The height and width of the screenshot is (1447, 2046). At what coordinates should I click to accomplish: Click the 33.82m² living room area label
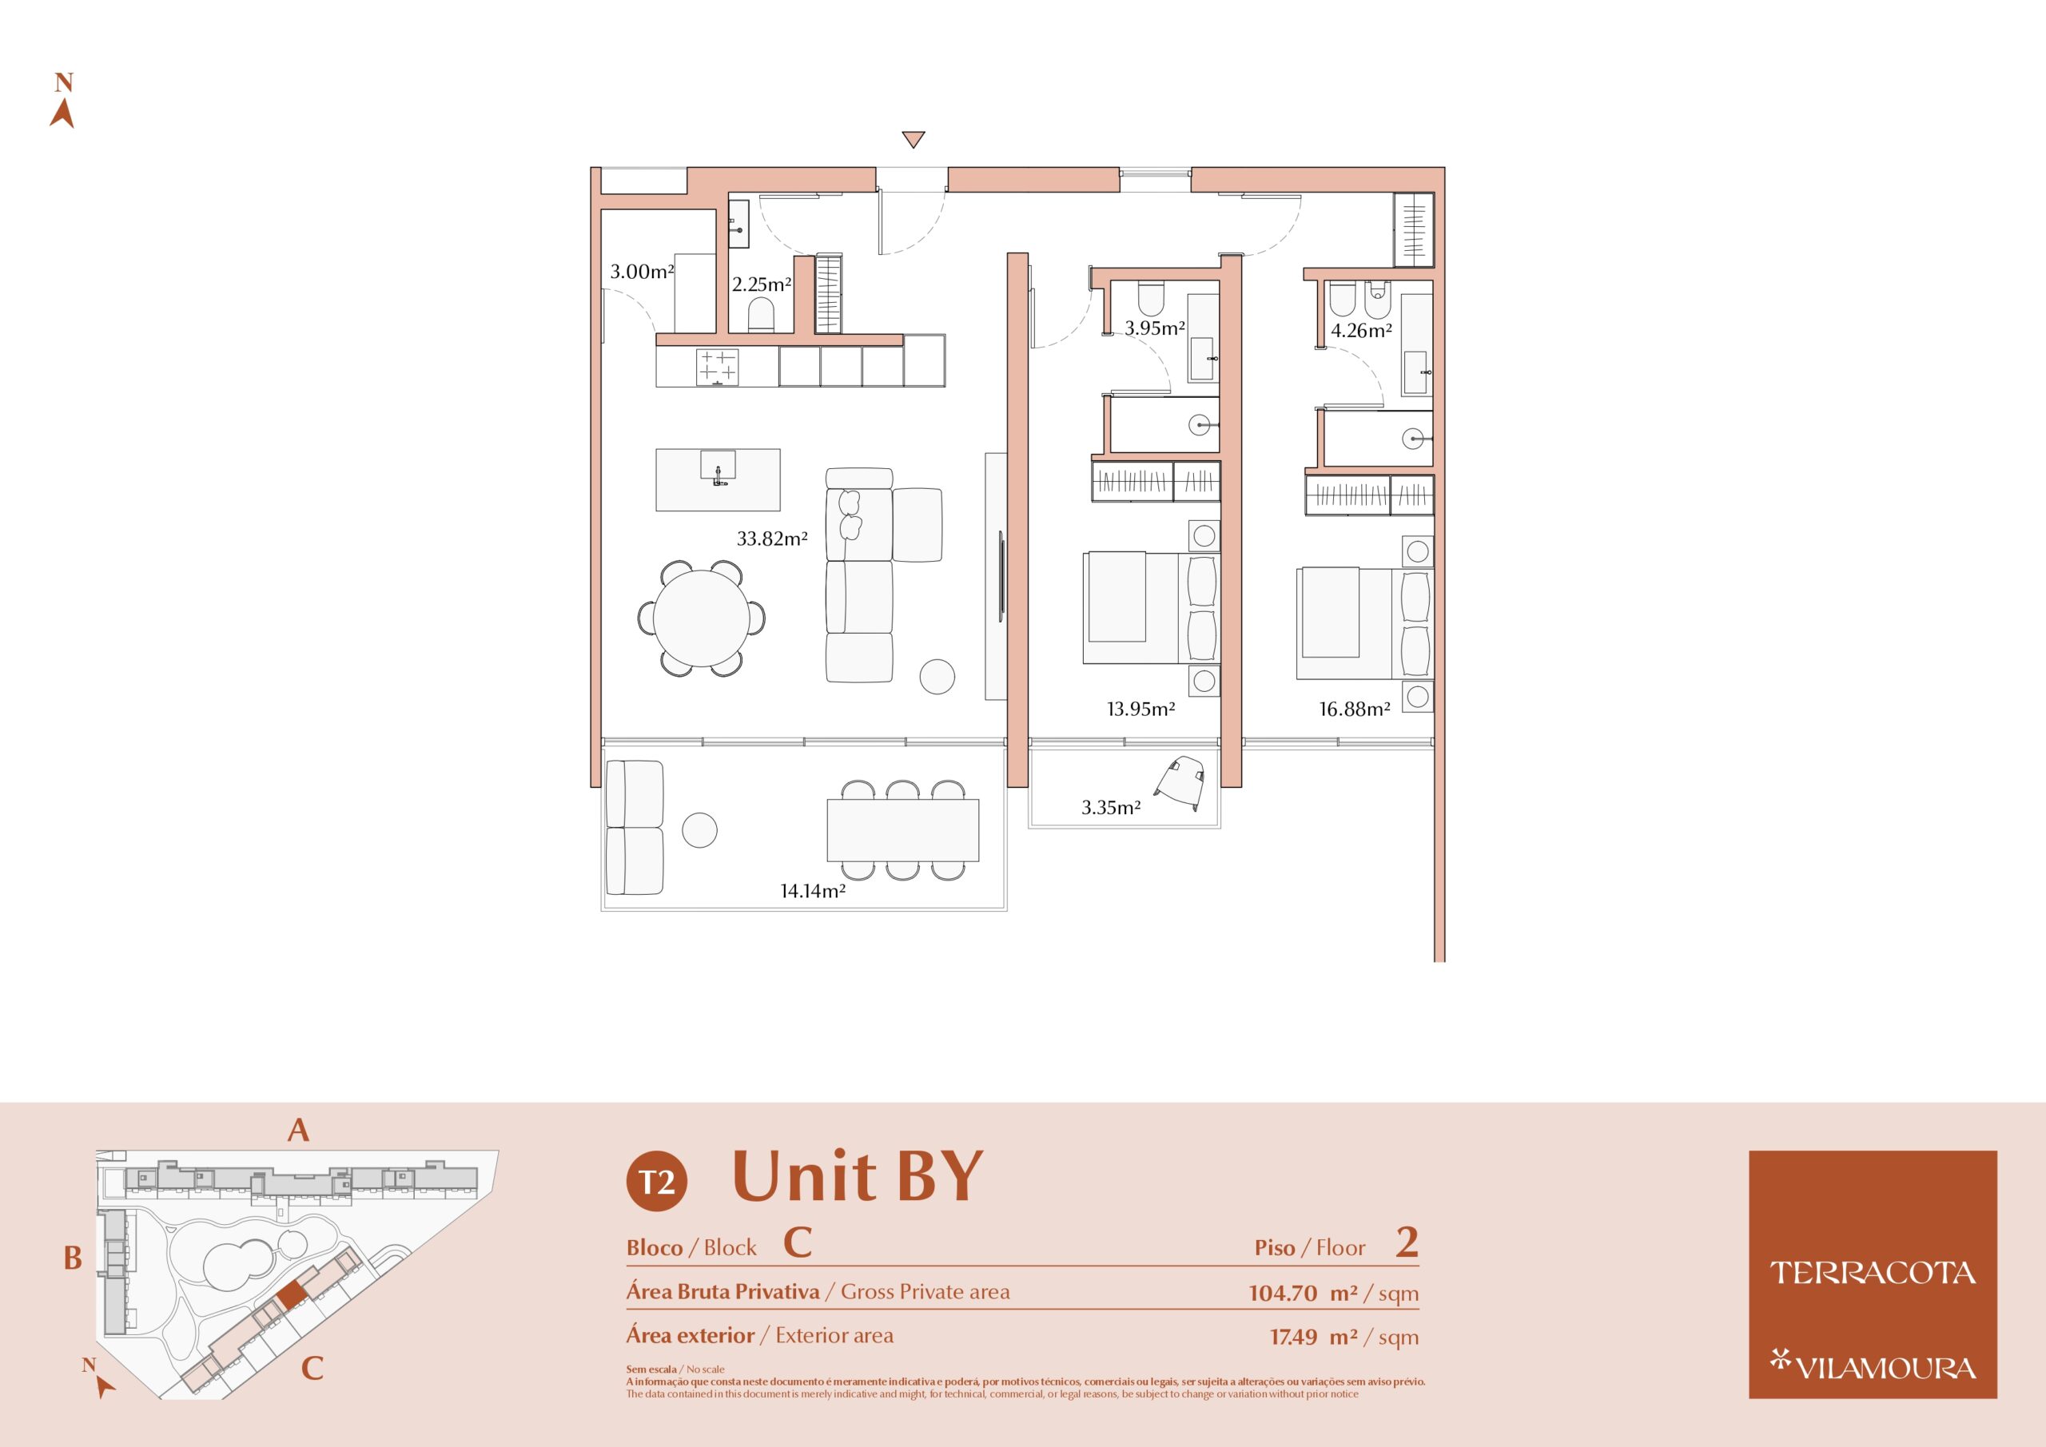point(772,539)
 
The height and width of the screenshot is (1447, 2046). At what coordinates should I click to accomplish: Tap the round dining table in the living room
point(700,617)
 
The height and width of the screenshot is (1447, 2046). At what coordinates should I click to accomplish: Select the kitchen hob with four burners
point(718,366)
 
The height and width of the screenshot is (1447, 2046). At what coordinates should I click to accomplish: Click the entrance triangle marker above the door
point(913,139)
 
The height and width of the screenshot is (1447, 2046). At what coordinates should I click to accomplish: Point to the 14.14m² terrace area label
point(813,890)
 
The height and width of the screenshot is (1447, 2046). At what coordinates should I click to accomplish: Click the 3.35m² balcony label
point(1111,807)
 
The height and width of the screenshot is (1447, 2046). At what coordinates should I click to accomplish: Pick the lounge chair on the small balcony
point(1180,781)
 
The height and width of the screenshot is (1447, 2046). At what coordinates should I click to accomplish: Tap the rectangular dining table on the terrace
point(902,829)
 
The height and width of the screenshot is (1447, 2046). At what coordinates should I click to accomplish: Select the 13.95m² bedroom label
point(1140,710)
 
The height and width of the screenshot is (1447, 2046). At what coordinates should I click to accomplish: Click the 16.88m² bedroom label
point(1355,710)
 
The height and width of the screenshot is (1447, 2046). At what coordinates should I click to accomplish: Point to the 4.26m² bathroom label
point(1362,331)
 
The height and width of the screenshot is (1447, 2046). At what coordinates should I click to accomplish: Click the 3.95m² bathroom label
point(1155,328)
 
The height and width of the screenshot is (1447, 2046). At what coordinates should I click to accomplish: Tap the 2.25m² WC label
point(762,284)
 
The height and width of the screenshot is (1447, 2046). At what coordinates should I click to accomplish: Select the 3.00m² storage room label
point(642,272)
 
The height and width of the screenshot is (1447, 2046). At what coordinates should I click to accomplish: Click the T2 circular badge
point(657,1182)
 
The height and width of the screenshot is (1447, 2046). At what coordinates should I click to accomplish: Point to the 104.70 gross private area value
point(1282,1293)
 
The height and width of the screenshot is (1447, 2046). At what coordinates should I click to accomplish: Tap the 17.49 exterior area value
point(1293,1337)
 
